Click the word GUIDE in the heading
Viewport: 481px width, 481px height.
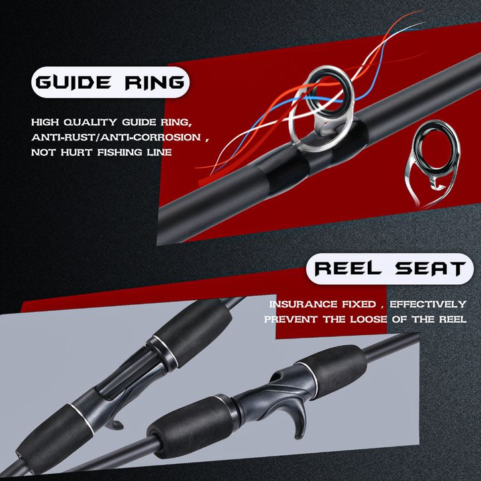(75, 84)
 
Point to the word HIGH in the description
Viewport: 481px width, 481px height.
(44, 123)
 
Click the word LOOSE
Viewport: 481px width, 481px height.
(386, 319)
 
